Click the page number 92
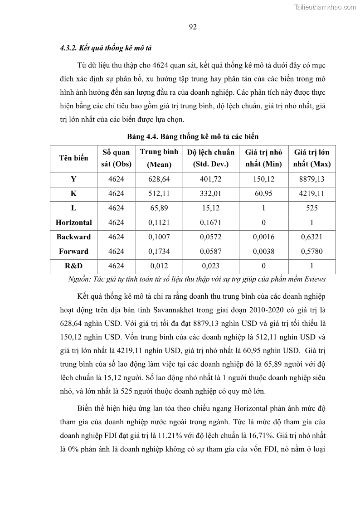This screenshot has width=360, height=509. (192, 27)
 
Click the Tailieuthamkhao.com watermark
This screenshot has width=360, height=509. (325, 7)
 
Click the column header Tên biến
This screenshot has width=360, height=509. (73, 158)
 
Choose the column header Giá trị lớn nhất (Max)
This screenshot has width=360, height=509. (311, 158)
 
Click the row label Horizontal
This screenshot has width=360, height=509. (73, 223)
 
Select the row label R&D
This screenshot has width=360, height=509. (73, 266)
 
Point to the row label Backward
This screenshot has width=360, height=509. (73, 237)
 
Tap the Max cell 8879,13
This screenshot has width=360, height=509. (311, 179)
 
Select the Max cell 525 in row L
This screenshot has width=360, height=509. (311, 208)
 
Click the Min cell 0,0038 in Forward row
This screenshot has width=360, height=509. (263, 252)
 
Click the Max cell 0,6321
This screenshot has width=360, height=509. (311, 237)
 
